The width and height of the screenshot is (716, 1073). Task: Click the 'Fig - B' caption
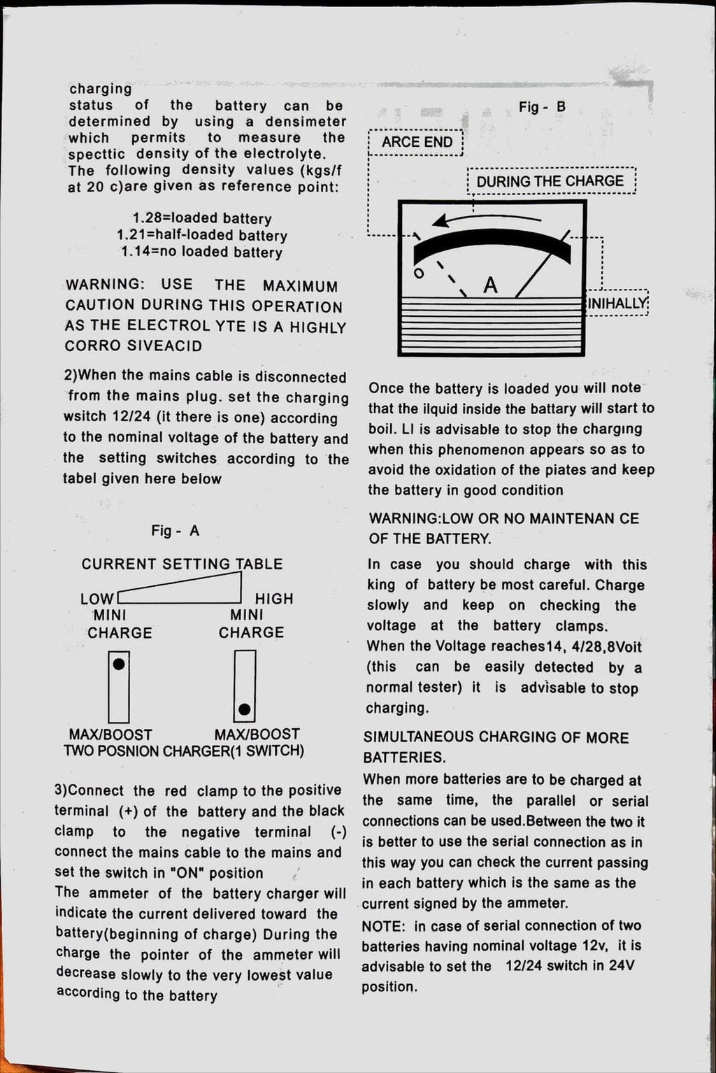(542, 108)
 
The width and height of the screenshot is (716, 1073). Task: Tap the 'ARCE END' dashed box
(417, 142)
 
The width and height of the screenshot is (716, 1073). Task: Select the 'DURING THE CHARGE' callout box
(550, 182)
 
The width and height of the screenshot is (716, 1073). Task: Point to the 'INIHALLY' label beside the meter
(617, 303)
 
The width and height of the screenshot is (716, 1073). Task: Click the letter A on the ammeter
(491, 285)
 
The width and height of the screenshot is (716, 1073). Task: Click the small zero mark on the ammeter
(418, 273)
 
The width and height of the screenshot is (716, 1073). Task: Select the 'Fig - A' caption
(176, 531)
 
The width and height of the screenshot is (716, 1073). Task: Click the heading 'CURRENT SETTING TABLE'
(182, 564)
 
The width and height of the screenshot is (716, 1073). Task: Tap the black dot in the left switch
(119, 664)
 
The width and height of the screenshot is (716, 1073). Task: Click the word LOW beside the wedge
(96, 599)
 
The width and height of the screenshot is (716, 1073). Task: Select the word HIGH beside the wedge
(274, 599)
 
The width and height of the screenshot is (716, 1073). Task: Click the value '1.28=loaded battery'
(201, 219)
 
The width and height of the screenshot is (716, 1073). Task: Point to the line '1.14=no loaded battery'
(201, 253)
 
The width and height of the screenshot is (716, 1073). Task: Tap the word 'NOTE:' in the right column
(383, 927)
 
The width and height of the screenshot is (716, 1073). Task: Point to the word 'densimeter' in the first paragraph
(306, 122)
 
